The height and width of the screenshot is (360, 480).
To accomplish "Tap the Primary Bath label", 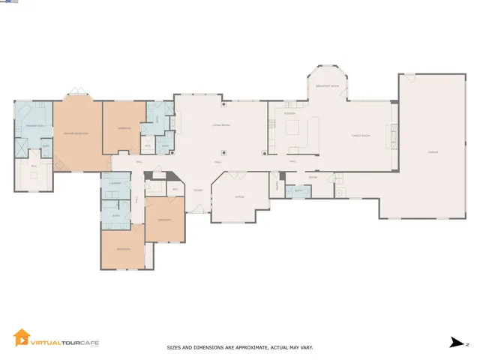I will pyautogui.click(x=34, y=125).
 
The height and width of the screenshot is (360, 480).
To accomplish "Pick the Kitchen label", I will pyautogui.click(x=288, y=113).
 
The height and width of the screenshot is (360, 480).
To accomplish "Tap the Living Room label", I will pyautogui.click(x=219, y=125).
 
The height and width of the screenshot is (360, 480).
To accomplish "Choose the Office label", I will pyautogui.click(x=239, y=196).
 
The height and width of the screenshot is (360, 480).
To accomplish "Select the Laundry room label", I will pyautogui.click(x=115, y=183).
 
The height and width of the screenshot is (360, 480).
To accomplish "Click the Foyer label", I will pyautogui.click(x=198, y=190).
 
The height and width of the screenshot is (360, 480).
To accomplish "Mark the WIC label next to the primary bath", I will pyautogui.click(x=34, y=166).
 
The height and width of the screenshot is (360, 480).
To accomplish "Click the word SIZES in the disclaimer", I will pyautogui.click(x=173, y=348).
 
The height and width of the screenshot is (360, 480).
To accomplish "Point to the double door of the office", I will pyautogui.click(x=238, y=175).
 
